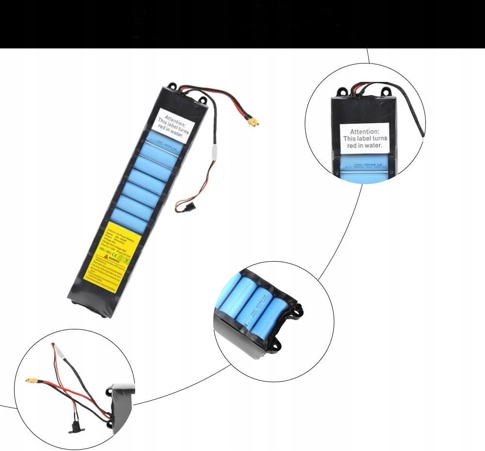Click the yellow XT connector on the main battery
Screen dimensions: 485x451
252,122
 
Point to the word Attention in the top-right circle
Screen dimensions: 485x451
364,132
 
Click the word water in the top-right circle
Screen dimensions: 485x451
374,145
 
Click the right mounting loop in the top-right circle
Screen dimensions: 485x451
386,91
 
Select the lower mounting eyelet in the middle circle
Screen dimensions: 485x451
277,344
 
